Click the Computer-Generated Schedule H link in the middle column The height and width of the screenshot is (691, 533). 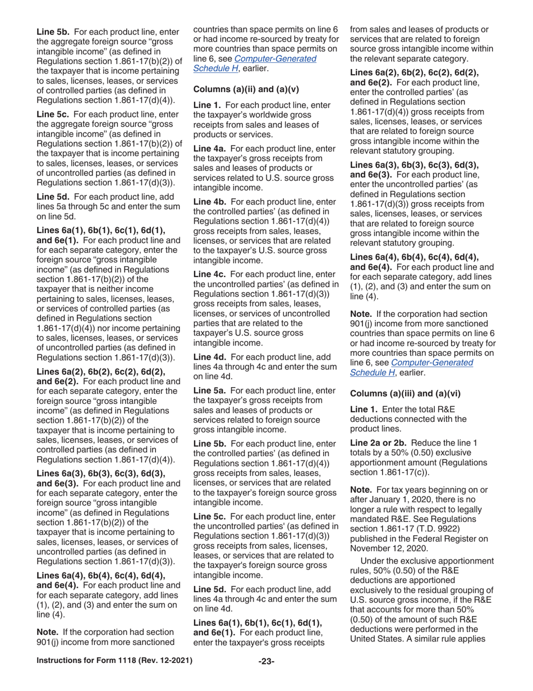pyautogui.click(x=275, y=58)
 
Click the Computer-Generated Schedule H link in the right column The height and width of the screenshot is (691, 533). pyautogui.click(x=432, y=362)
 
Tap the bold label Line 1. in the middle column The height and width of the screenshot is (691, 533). pyautogui.click(x=207, y=105)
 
